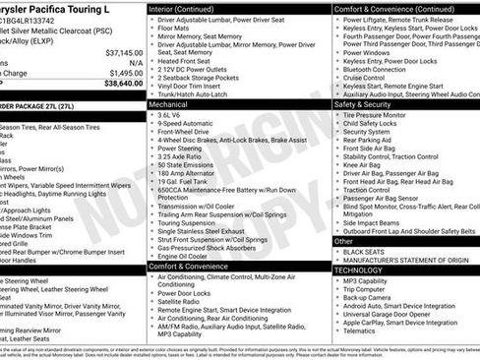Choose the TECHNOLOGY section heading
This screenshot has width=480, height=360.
point(358,269)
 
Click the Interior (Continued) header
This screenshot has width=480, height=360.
point(187,8)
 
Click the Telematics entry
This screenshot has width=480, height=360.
point(362,331)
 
